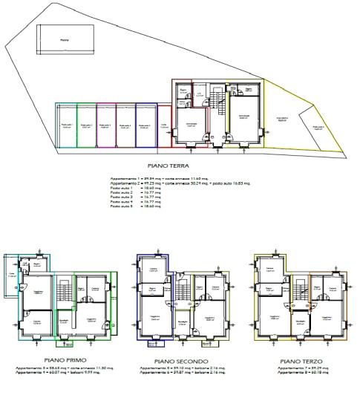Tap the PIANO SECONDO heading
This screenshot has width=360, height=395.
point(180,362)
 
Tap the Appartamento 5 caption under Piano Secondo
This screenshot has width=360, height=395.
point(180,369)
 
